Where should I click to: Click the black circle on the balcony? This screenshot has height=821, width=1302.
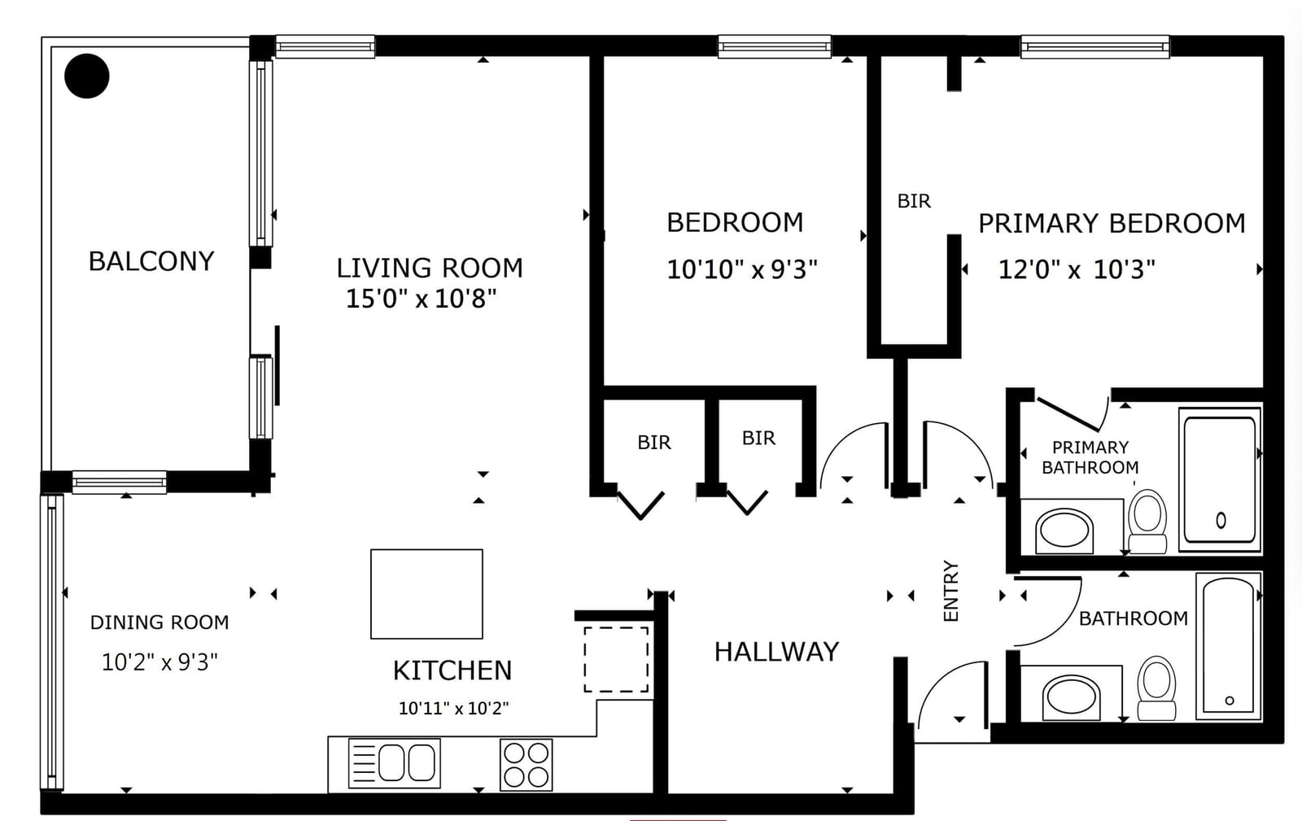[x=86, y=76]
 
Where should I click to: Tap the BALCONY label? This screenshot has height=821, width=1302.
[x=151, y=261]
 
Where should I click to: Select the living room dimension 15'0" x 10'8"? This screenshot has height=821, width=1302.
[x=422, y=299]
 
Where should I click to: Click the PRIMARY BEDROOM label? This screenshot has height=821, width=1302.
[x=1112, y=223]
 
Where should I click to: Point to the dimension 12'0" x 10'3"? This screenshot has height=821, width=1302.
[x=1077, y=269]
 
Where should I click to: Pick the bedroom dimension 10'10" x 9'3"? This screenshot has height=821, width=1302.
[x=741, y=269]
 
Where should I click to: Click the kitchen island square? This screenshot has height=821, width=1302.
[x=426, y=594]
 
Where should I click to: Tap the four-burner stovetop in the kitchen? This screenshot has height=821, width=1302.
[x=526, y=765]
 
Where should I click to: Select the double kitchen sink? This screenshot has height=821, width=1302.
[x=394, y=763]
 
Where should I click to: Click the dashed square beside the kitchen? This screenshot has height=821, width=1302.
[x=616, y=659]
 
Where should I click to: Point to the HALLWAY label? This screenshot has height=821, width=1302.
[x=776, y=652]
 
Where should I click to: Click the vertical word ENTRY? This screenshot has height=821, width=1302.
[x=951, y=591]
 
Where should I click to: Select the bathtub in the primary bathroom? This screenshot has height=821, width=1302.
[x=1220, y=479]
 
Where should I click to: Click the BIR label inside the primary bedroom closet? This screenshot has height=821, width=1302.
[x=915, y=201]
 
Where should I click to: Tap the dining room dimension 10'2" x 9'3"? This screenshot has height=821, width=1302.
[x=159, y=662]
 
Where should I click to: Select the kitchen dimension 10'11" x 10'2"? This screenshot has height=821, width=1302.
[x=453, y=708]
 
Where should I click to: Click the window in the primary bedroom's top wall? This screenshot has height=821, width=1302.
[x=1095, y=46]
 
